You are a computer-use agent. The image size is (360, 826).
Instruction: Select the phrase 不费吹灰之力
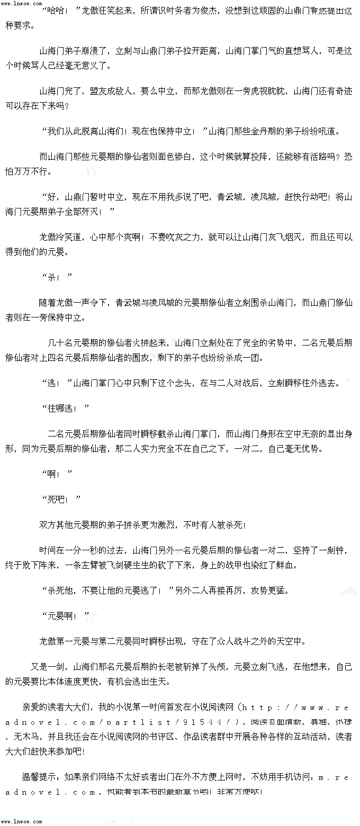(x=175, y=237)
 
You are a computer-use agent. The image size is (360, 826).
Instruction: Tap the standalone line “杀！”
(x=56, y=277)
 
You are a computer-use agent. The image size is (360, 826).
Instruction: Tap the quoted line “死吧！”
(x=60, y=499)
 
